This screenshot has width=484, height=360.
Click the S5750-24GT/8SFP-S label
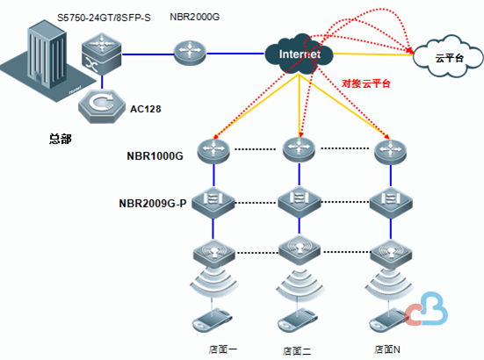(x=104, y=18)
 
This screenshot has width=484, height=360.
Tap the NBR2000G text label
(x=194, y=17)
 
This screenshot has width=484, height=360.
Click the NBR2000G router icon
(x=190, y=53)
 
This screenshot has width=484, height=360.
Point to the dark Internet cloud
(x=299, y=54)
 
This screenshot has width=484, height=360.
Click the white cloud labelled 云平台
(x=448, y=57)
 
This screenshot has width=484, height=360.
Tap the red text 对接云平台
(x=366, y=83)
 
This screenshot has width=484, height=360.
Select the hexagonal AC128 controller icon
(x=102, y=106)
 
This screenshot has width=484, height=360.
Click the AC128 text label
(x=146, y=109)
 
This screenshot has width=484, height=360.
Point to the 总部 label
(x=61, y=139)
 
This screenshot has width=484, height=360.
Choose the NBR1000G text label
(x=155, y=155)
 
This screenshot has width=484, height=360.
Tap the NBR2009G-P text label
(x=153, y=204)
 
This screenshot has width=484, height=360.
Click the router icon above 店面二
(x=299, y=149)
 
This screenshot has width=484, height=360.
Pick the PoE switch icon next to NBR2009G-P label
(x=213, y=203)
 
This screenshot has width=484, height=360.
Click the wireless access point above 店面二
(x=300, y=250)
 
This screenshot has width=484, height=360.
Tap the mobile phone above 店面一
(x=212, y=320)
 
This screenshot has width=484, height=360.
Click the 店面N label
(x=387, y=349)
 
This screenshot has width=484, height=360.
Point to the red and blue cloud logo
(x=427, y=309)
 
